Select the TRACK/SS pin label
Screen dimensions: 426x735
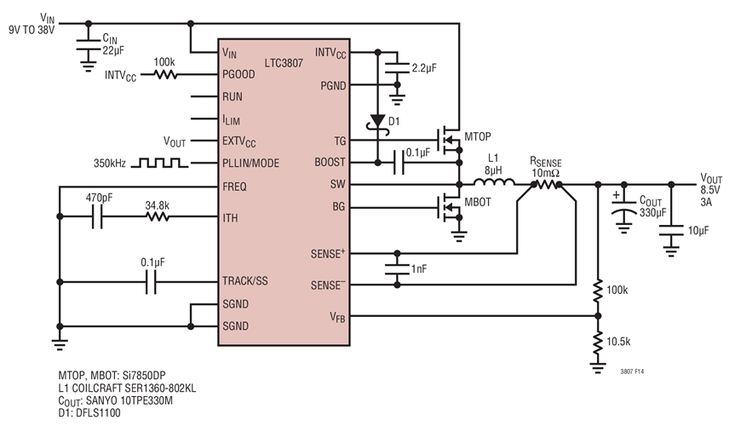pyautogui.click(x=247, y=280)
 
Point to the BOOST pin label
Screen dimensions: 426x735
pyautogui.click(x=330, y=162)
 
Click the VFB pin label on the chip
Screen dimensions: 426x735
pyautogui.click(x=337, y=317)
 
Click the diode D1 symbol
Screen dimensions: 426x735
pyautogui.click(x=376, y=121)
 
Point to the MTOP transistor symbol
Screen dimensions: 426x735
pyautogui.click(x=445, y=138)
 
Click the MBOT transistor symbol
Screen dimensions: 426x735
pyautogui.click(x=445, y=205)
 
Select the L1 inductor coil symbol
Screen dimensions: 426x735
pyautogui.click(x=491, y=183)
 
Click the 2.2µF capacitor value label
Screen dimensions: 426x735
pyautogui.click(x=425, y=67)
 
